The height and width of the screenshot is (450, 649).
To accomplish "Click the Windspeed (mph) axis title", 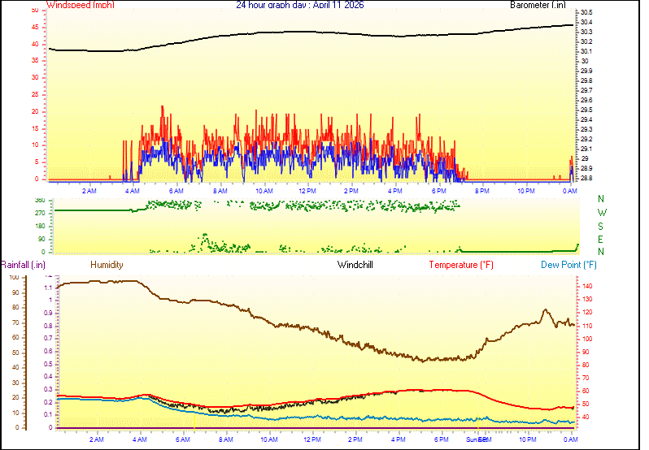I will tap(80, 5).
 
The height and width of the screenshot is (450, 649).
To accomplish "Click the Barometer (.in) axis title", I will tap(538, 5).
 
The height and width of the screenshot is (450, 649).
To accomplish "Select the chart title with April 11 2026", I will tap(300, 5).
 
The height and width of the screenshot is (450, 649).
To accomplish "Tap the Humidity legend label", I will tap(107, 265).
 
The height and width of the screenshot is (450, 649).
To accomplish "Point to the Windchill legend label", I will tap(355, 265).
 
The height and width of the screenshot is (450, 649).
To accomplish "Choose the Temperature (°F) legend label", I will tap(461, 265).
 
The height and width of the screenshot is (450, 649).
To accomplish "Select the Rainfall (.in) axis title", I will tap(23, 265).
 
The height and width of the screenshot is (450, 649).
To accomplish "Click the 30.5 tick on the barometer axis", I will tap(586, 13).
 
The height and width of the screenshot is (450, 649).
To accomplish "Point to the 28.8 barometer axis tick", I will tap(586, 178).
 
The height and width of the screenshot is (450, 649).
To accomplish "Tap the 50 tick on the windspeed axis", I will tap(34, 10).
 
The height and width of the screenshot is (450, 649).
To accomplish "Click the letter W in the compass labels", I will tap(601, 212).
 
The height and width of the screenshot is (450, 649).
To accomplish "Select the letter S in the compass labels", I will tap(601, 226).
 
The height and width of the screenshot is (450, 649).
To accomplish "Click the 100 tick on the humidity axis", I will tap(14, 278).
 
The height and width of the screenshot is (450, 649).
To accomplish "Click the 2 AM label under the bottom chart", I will tap(97, 439).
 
